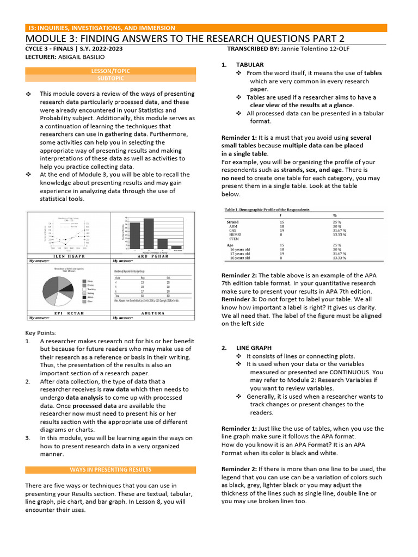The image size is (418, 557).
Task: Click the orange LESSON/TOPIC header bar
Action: (x=110, y=71)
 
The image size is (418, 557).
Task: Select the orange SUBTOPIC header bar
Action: (x=110, y=78)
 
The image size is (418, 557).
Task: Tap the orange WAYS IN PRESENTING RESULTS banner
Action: (x=110, y=469)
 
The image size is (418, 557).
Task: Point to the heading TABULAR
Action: (x=249, y=65)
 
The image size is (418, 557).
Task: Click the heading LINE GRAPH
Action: (x=254, y=348)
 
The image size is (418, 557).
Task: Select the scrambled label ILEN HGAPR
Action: (x=69, y=256)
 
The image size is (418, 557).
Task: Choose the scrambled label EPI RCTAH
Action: (x=69, y=313)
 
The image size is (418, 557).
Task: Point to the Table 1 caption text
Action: (x=267, y=209)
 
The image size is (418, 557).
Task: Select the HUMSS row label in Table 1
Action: (x=236, y=234)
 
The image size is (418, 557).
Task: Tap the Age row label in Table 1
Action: (x=230, y=245)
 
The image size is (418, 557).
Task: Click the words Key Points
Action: (x=40, y=332)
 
